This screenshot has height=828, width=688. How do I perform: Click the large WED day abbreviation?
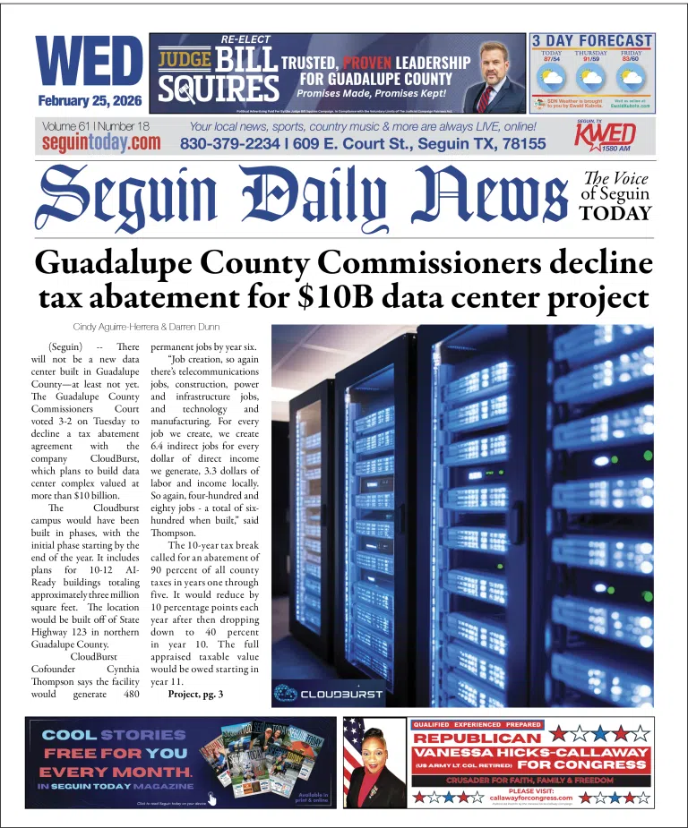tap(90, 63)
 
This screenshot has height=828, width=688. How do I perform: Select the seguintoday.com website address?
tap(101, 142)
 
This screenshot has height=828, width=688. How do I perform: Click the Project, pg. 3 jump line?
tap(195, 694)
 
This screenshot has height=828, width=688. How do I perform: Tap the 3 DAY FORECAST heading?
tap(592, 40)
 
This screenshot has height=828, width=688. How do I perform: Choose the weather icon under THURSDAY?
tap(590, 78)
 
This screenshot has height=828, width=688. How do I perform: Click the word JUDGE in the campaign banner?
tap(185, 59)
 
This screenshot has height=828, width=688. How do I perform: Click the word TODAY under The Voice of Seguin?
tap(615, 212)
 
